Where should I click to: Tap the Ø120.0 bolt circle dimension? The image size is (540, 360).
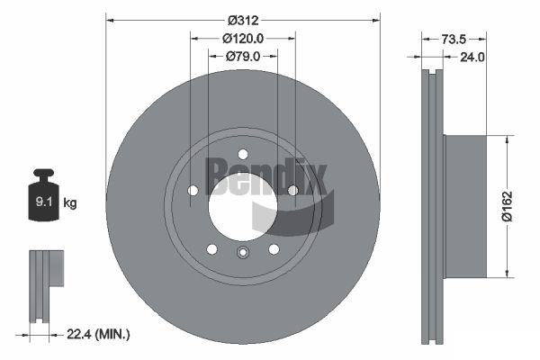pos(243,38)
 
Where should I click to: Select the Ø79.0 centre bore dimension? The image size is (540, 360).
pos(243,57)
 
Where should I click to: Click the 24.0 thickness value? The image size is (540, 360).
pos(472,57)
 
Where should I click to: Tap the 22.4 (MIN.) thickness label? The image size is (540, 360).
pos(99,335)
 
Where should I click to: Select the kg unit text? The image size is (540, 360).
pos(70,203)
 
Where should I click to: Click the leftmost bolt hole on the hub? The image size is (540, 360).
pos(193,190)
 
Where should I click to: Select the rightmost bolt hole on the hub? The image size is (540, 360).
pos(292,190)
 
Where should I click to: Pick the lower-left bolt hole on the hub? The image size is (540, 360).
pos(211,248)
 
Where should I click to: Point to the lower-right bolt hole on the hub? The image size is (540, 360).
pos(274,248)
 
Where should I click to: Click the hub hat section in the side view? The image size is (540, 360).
pos(464,206)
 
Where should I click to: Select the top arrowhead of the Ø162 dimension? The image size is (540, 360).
pos(510,139)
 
